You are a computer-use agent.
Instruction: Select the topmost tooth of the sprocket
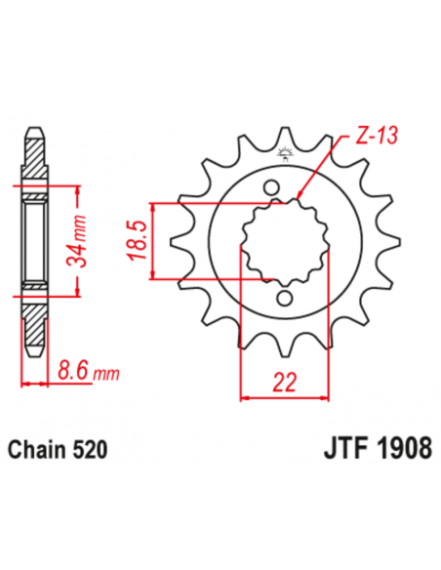[x=286, y=137]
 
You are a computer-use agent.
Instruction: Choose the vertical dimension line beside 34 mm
[x=73, y=241]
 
